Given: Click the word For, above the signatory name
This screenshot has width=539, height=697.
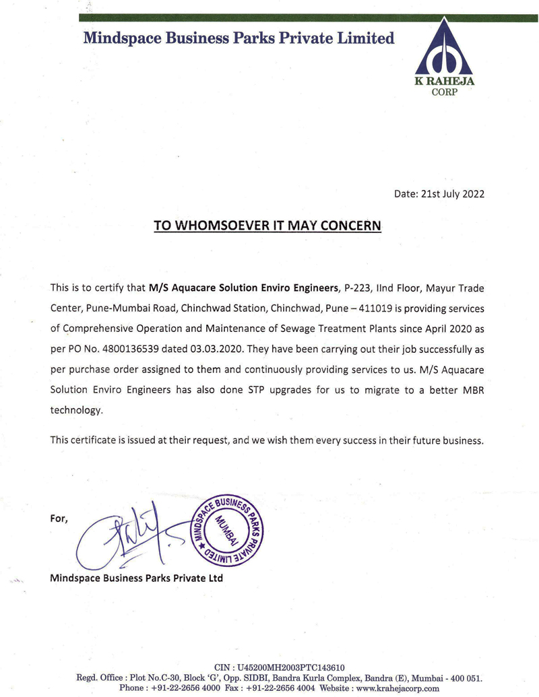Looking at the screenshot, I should (x=60, y=519).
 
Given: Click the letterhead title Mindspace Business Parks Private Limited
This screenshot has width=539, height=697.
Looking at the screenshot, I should (x=239, y=38).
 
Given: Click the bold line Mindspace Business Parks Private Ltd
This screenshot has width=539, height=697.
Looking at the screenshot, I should (x=137, y=578).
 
